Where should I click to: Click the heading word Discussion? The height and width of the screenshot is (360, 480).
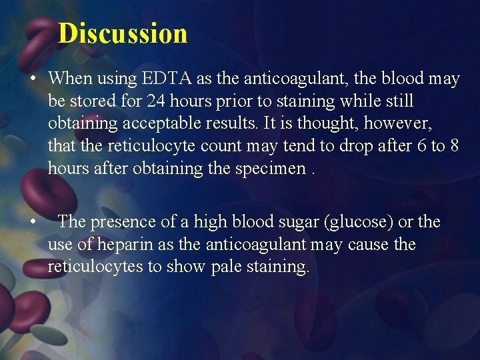point(123,33)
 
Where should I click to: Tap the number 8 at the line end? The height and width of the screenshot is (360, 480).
point(454,147)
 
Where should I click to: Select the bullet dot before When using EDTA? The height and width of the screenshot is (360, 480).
point(32,79)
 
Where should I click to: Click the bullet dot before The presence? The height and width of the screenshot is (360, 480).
point(32,223)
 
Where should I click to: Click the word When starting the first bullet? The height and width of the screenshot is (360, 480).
point(70,79)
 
